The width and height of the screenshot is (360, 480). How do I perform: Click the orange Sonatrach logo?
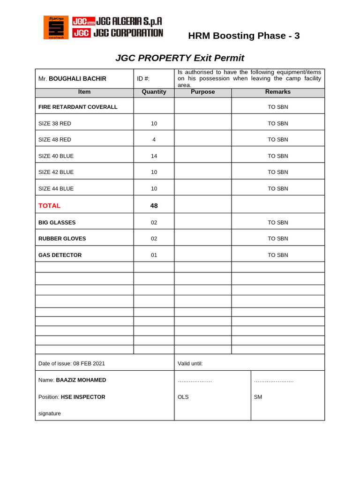coord(56,27)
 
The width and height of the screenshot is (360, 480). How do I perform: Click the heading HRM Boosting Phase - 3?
coord(244,36)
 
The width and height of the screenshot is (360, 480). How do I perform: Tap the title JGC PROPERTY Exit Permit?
coord(180,58)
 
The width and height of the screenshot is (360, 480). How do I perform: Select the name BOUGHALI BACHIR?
coord(78,78)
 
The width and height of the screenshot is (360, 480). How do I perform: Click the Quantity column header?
coord(154,92)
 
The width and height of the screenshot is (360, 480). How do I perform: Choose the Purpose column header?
coord(202,92)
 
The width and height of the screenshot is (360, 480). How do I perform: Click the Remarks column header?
coord(277,92)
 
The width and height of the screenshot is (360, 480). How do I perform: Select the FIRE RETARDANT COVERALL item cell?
coord(78,107)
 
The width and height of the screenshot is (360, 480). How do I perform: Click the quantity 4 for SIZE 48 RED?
coord(154,140)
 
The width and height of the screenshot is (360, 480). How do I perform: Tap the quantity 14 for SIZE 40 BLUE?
coord(154,156)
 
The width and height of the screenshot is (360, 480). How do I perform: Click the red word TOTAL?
coord(49,205)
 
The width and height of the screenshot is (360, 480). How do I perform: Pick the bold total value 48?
coord(154,205)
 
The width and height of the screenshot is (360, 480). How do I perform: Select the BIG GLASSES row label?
coord(57,223)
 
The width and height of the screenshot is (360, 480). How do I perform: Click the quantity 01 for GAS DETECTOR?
coord(154,255)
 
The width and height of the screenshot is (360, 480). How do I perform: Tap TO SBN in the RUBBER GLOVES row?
coord(277,239)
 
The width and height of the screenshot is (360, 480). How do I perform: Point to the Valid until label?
coord(190,363)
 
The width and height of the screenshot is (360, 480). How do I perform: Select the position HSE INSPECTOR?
coord(83,397)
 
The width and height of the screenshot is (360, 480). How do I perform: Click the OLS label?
coord(183,397)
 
